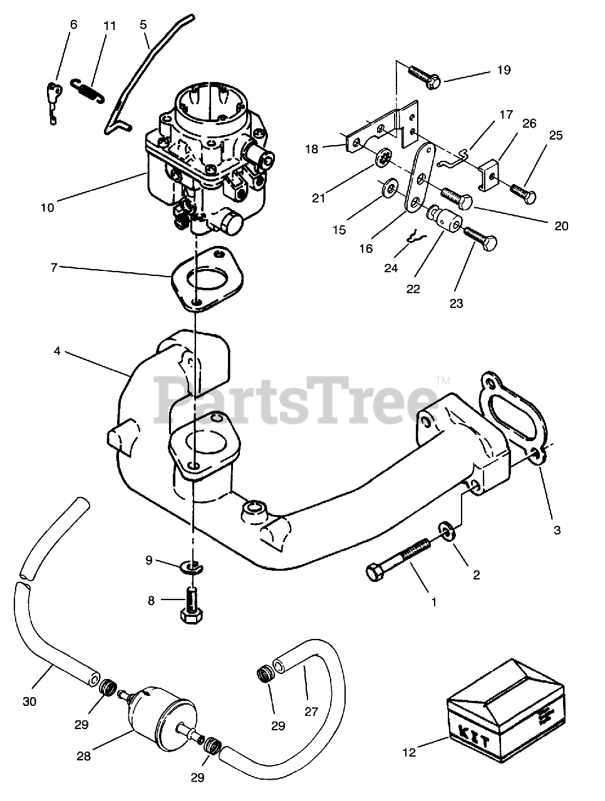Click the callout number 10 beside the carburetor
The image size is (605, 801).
48,207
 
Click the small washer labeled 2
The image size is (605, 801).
447,531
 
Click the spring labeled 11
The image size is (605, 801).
87,91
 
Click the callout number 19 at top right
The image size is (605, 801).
504,70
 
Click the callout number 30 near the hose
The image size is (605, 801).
29,702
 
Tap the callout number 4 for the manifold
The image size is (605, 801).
57,351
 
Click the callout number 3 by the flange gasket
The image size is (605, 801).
557,530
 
